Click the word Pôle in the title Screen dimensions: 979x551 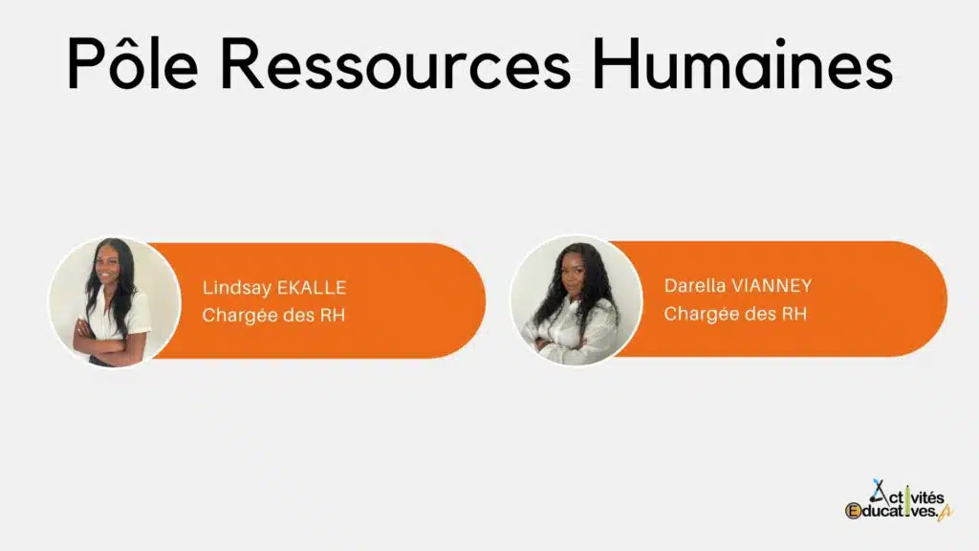click(132, 62)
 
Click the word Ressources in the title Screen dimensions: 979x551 click(396, 64)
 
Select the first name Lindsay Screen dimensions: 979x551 click(237, 288)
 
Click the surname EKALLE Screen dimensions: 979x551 click(312, 287)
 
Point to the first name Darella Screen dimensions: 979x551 click(695, 285)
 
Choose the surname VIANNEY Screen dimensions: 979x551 click(772, 285)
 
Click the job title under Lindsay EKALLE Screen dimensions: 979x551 click(273, 315)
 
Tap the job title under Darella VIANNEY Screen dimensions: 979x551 click(735, 313)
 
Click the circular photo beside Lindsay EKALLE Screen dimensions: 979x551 click(115, 301)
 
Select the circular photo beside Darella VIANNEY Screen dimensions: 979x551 click(577, 299)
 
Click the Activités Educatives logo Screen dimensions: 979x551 click(899, 500)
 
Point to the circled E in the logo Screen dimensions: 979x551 click(853, 511)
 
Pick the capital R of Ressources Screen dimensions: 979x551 click(242, 64)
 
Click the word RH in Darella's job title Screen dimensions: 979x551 click(794, 313)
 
